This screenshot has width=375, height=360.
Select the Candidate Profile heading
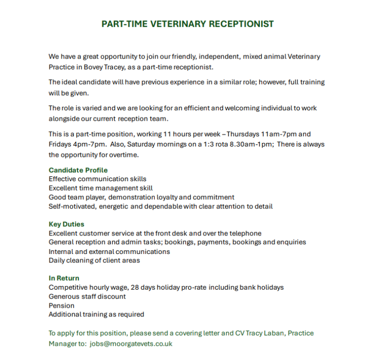pos(78,170)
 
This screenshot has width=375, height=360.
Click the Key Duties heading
pos(66,224)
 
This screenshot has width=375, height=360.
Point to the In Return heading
pos(64,278)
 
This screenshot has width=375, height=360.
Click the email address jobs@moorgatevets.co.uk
pos(131,343)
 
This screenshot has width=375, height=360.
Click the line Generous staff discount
pos(87,296)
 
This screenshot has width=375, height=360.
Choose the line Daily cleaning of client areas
pos(94,260)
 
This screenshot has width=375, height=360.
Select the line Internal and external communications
pos(109,252)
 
